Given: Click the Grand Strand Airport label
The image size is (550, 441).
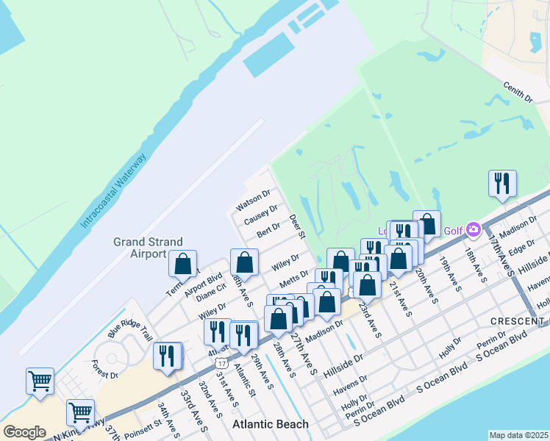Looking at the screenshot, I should pos(140,247).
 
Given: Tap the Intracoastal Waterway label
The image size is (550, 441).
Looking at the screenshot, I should pos(115,190).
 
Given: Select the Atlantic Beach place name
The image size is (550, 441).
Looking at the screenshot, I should pos(271,424).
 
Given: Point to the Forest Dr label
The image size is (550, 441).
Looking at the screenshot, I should pos(105,369).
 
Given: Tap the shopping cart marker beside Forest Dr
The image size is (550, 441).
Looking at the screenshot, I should pos(40,381).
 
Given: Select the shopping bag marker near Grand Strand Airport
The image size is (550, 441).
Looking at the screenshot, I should pos(182,264).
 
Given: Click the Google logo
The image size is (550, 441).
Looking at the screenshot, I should pos(24,431).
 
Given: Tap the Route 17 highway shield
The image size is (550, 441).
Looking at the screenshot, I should pos(221,354).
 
